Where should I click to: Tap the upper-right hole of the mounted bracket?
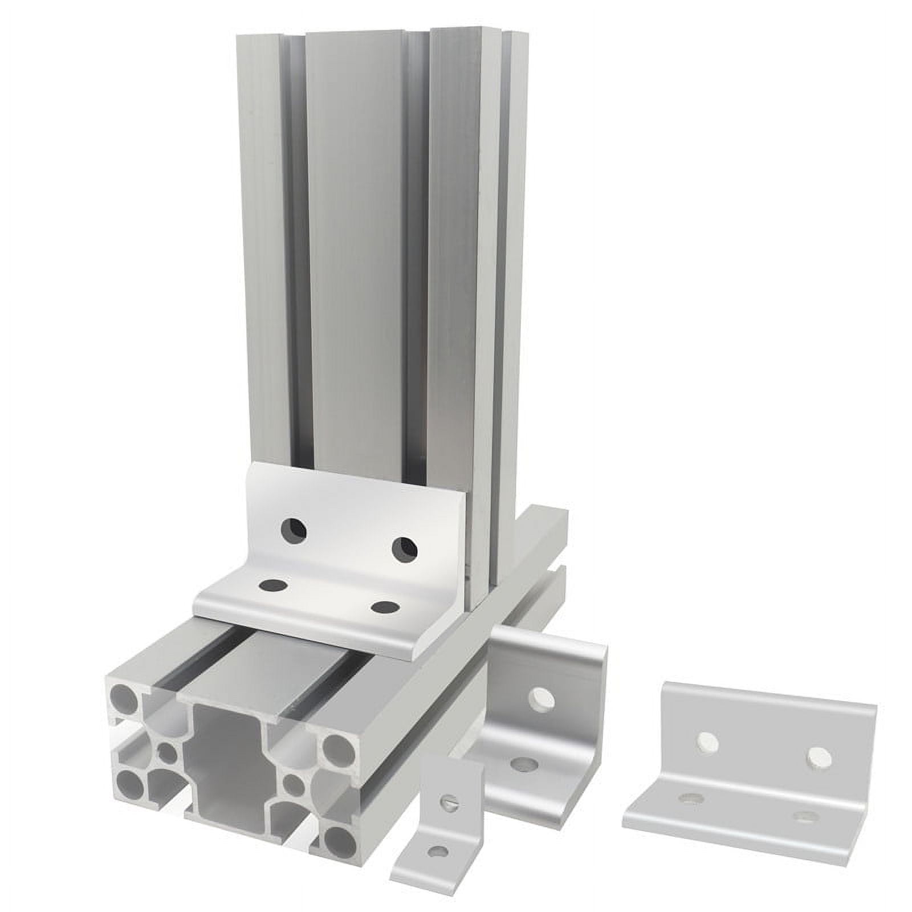[404, 548]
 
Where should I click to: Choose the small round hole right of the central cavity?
[292, 782]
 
